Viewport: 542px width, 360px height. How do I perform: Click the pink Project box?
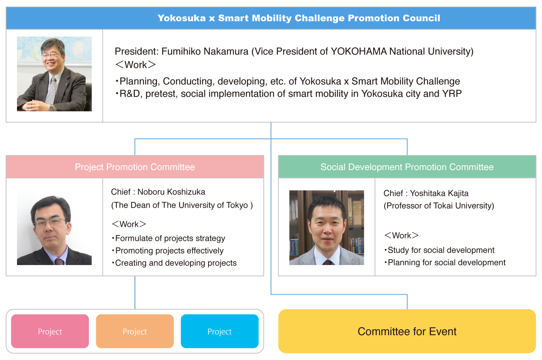[50, 331]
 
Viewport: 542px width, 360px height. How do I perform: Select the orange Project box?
[135, 331]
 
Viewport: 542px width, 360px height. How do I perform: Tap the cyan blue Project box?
[220, 331]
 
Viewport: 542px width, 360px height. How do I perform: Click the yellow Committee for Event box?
[407, 331]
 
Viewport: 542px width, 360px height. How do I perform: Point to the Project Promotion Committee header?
[135, 167]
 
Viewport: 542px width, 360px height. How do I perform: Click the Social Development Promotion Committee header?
[407, 167]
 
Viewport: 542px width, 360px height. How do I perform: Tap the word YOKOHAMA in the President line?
[358, 52]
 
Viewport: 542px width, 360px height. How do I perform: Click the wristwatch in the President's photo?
[51, 108]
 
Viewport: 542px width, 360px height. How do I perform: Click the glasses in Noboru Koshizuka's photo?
[49, 222]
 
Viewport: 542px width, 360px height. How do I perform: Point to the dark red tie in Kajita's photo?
[327, 262]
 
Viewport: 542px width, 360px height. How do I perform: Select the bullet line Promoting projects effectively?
[168, 251]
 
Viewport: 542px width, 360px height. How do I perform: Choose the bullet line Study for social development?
[439, 250]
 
